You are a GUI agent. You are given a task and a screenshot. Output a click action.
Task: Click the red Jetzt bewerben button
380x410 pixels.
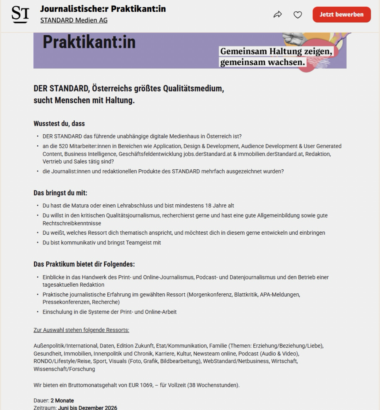pos(342,15)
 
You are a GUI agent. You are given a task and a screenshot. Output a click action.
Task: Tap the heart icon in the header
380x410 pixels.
pos(298,15)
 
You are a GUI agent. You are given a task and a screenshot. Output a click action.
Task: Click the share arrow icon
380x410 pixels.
pos(278,15)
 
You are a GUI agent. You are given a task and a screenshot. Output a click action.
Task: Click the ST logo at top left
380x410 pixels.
pos(20,15)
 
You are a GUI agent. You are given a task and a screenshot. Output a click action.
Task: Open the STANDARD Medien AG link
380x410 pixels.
pos(74,20)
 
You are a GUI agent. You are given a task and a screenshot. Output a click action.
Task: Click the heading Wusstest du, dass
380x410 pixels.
pos(59,124)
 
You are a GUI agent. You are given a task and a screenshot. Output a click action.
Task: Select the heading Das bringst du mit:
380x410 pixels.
pos(60,193)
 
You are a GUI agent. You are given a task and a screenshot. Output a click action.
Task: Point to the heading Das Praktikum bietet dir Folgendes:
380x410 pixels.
pos(84,264)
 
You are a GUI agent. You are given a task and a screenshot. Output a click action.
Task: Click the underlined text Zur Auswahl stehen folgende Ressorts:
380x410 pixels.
pos(81,330)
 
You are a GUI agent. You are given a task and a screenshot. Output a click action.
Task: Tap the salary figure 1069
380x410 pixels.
pos(134,385)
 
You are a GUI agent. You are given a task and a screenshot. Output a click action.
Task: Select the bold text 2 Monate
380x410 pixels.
pos(62,401)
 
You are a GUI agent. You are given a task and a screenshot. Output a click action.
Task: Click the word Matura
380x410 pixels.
pos(80,206)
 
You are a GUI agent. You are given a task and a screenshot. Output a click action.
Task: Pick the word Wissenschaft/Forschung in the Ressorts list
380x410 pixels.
pos(64,369)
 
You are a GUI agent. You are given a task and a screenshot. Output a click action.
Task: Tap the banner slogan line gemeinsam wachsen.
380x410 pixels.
pos(262,62)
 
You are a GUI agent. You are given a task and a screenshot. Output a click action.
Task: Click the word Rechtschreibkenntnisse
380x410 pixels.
pos(72,223)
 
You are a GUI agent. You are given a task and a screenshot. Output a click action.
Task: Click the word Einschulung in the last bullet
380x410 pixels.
pos(56,312)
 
